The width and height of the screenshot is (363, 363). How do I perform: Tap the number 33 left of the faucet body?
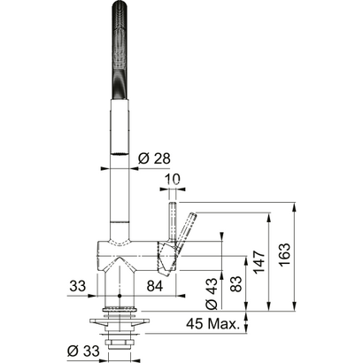click(78, 287)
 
